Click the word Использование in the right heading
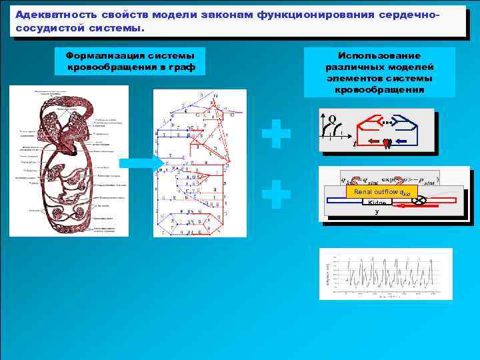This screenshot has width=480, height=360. click(379, 55)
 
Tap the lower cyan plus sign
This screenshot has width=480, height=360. click(276, 196)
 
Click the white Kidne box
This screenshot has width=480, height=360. click(377, 202)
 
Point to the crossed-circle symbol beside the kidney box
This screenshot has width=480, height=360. click(419, 199)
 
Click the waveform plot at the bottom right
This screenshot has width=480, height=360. click(385, 273)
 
